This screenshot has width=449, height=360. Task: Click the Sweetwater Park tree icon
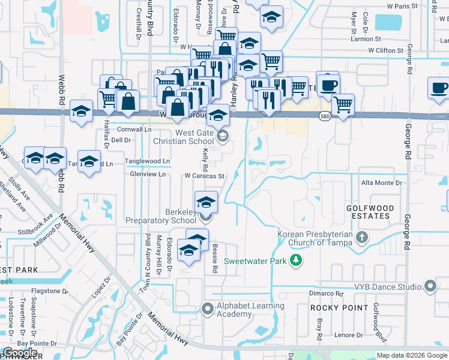(x=295, y=260)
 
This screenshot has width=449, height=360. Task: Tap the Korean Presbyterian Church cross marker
(x=361, y=237)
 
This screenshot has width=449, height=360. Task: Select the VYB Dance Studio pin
(x=430, y=287)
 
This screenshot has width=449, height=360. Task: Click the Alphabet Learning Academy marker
(x=208, y=310)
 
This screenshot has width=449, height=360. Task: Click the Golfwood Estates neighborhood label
(x=369, y=208)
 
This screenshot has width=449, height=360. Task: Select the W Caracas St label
(x=204, y=176)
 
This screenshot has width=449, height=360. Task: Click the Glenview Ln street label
(x=148, y=175)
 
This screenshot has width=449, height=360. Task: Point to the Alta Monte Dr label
(x=381, y=182)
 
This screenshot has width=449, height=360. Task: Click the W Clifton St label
(x=386, y=51)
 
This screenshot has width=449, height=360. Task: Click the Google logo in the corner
(x=20, y=353)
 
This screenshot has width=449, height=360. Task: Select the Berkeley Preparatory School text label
(x=161, y=216)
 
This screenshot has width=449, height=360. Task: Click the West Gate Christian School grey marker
(x=223, y=136)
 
